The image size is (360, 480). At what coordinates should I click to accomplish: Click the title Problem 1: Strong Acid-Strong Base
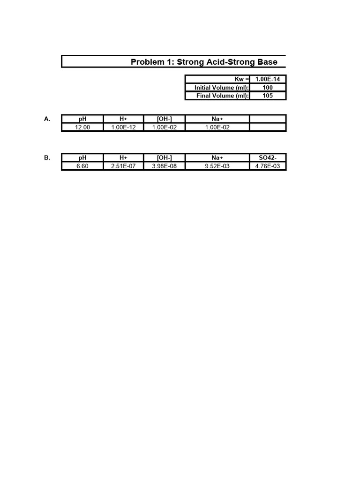(x=203, y=62)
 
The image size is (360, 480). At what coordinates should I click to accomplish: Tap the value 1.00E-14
(x=268, y=79)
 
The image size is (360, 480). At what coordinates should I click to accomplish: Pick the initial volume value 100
(x=268, y=88)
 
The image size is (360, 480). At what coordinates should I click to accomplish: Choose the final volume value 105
(x=268, y=96)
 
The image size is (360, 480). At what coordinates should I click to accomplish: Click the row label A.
(x=47, y=119)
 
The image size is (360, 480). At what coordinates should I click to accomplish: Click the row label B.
(x=47, y=158)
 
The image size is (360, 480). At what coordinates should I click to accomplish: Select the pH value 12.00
(x=82, y=127)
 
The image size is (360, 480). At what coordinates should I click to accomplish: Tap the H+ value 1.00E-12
(x=123, y=127)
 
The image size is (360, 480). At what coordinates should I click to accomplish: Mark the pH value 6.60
(x=82, y=166)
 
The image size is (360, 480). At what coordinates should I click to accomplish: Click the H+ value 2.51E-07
(x=123, y=166)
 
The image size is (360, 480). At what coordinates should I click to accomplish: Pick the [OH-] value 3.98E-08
(x=165, y=166)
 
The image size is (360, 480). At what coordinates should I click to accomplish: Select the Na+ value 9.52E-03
(x=217, y=166)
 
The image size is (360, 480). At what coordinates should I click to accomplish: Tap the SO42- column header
(x=268, y=158)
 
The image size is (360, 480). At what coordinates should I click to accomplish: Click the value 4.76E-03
(x=268, y=166)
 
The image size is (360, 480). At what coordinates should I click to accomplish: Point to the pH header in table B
(x=82, y=158)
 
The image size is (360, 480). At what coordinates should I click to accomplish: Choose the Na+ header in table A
(x=217, y=119)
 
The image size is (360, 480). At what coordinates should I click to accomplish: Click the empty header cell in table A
(x=268, y=119)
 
